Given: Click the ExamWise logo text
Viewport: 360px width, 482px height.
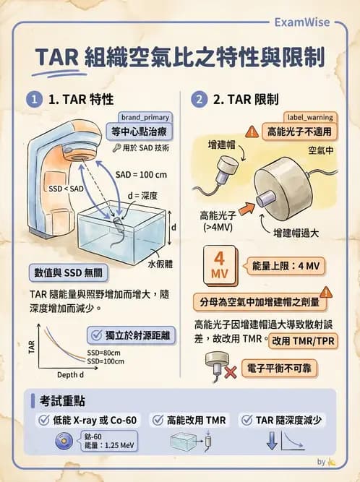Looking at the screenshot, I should coord(302,22).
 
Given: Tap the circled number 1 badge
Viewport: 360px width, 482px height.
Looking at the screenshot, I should coord(33,99).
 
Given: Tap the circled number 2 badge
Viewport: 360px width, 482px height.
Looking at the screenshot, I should coord(200,99).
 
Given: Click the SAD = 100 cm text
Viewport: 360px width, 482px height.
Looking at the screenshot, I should coord(142,174).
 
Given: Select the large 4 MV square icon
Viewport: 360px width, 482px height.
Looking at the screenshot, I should coord(220,267).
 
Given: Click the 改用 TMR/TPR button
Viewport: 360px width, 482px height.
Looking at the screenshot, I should coord(303,340).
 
